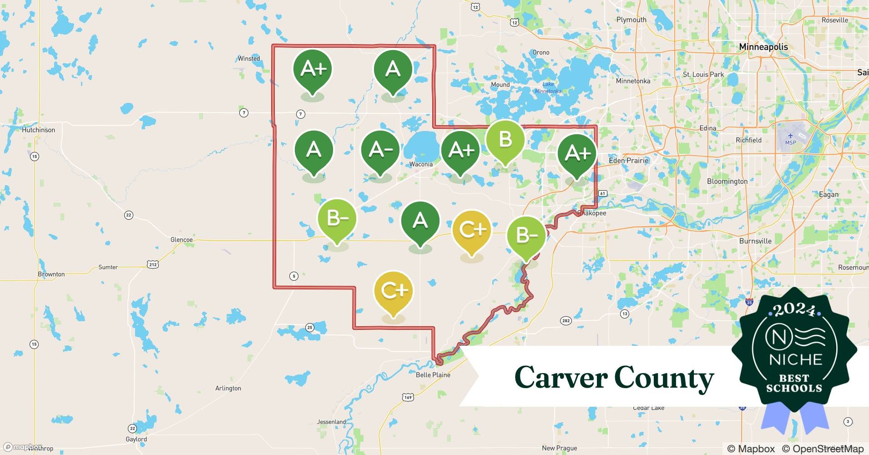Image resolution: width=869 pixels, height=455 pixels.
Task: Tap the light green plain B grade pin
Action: pyautogui.click(x=505, y=140)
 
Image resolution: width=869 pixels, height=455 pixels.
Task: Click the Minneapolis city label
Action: pyautogui.click(x=763, y=47)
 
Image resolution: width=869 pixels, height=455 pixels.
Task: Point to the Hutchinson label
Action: pyautogui.click(x=38, y=130)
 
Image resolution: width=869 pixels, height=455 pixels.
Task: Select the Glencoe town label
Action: pyautogui.click(x=181, y=240)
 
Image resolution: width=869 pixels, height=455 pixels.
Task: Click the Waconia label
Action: pyautogui.click(x=421, y=164)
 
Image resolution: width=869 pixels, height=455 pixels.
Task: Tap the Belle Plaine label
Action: pyautogui.click(x=433, y=375)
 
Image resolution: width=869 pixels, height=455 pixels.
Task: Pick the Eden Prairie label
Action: pyautogui.click(x=628, y=161)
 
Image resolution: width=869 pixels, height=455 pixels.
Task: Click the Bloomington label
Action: pyautogui.click(x=727, y=181)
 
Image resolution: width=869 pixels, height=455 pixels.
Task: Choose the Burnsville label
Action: pyautogui.click(x=755, y=241)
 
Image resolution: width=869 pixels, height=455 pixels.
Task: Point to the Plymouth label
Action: pyautogui.click(x=631, y=20)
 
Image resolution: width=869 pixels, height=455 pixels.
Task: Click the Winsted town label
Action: pyautogui.click(x=249, y=59)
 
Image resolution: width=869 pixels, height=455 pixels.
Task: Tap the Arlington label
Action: pyautogui.click(x=228, y=389)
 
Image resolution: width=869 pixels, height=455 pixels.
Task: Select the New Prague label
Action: pyautogui.click(x=559, y=448)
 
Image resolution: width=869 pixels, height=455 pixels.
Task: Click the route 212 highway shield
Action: pyautogui.click(x=152, y=264)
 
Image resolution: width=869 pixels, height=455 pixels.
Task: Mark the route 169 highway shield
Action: pyautogui.click(x=408, y=397)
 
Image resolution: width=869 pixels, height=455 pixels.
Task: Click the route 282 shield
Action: pyautogui.click(x=566, y=321)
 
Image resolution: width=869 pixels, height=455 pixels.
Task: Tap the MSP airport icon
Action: pyautogui.click(x=790, y=136)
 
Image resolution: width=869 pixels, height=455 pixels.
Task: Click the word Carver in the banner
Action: pyautogui.click(x=561, y=378)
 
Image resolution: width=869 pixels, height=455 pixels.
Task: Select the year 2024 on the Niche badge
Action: pyautogui.click(x=794, y=309)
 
